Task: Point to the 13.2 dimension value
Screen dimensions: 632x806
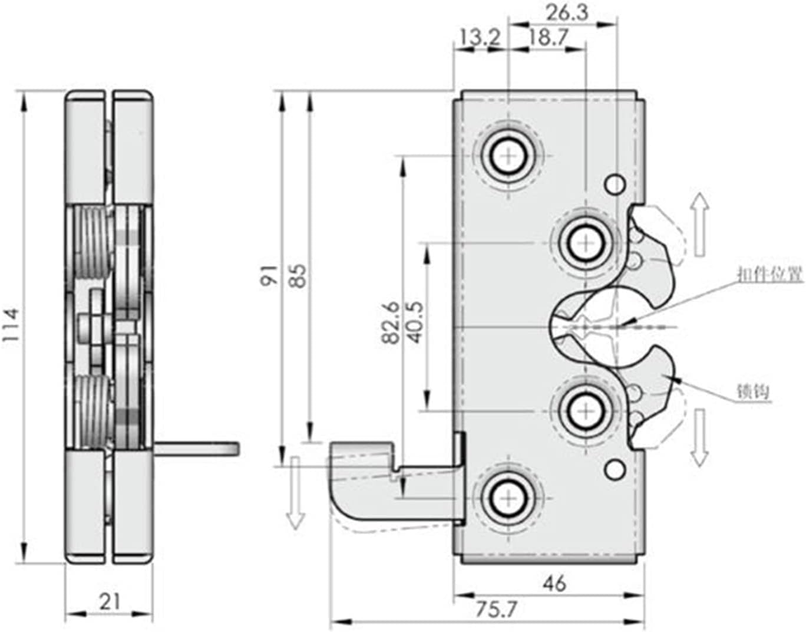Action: click(479, 38)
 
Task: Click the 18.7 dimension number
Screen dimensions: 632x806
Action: click(547, 38)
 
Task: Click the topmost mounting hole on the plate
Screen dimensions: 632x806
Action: click(507, 156)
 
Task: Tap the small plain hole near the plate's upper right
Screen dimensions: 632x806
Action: click(615, 185)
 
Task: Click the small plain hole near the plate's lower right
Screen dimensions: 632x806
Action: click(615, 469)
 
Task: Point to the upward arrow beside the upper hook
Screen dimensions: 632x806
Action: click(699, 224)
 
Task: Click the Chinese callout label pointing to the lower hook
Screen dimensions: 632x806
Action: click(754, 391)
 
